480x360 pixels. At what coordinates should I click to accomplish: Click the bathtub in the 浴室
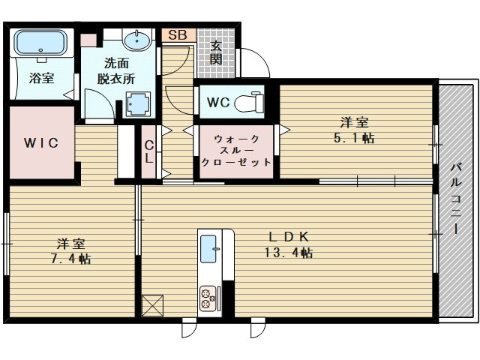click(41, 43)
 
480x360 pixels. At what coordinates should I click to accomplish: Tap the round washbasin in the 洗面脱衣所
click(136, 40)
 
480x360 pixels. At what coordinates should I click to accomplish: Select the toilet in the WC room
click(250, 102)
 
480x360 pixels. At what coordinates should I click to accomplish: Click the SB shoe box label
click(178, 35)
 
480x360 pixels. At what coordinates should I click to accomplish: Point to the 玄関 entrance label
click(216, 53)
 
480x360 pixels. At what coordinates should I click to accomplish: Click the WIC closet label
click(41, 142)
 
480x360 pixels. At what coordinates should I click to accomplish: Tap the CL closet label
click(149, 151)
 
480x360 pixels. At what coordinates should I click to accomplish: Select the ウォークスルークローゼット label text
click(236, 150)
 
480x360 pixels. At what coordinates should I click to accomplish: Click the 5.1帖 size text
click(354, 138)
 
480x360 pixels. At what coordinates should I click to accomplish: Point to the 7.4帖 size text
click(70, 259)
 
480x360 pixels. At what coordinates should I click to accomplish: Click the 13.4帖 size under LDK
click(288, 253)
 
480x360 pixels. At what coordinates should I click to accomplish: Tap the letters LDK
click(288, 237)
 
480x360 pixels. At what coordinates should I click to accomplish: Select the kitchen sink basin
click(208, 249)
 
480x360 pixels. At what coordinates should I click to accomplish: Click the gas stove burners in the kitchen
click(208, 298)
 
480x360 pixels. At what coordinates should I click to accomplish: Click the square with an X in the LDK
click(152, 305)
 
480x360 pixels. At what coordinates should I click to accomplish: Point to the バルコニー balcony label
click(456, 199)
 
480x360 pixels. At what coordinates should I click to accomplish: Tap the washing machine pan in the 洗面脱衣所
click(139, 104)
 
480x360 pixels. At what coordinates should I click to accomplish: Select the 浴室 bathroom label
click(42, 78)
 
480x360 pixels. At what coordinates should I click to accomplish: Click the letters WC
click(218, 102)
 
